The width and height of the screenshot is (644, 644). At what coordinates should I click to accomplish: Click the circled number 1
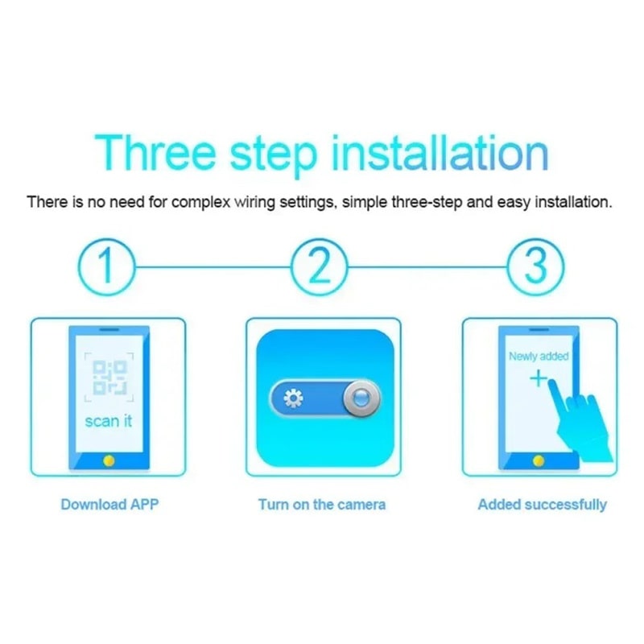[x=106, y=267]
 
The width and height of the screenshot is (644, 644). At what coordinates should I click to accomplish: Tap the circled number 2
[x=320, y=267]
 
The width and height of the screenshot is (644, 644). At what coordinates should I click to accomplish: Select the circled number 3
[x=535, y=267]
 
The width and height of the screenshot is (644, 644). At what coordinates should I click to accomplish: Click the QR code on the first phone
[x=109, y=377]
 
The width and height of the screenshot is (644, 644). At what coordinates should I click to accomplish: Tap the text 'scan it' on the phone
[x=109, y=421]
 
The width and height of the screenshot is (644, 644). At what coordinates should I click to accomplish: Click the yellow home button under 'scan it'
[x=109, y=460]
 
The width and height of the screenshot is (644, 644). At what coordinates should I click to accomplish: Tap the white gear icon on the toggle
[x=293, y=398]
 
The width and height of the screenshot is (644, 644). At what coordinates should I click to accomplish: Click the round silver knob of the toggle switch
[x=361, y=398]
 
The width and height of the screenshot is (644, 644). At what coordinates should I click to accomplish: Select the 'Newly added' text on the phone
[x=539, y=356]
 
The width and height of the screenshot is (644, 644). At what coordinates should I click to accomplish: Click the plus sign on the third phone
[x=539, y=378]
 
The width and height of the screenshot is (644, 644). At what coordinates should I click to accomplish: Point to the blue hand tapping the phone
[x=579, y=423]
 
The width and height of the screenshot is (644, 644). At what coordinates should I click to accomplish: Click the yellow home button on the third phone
[x=539, y=460]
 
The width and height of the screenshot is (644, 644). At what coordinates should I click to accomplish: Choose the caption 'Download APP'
[x=109, y=505]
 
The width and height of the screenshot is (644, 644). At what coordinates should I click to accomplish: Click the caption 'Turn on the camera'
[x=322, y=505]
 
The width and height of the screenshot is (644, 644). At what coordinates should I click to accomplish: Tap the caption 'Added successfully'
[x=542, y=505]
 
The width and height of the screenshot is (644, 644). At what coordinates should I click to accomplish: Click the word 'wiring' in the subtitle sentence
[x=254, y=203]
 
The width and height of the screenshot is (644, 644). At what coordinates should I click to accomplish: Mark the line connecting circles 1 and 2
[x=213, y=267]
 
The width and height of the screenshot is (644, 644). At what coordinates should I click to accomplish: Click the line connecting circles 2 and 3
[x=427, y=267]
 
